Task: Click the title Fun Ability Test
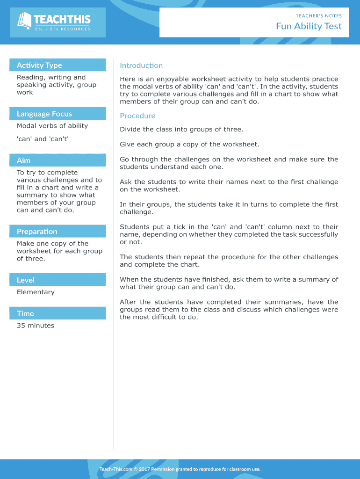click(309, 26)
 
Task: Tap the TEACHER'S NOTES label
click(318, 16)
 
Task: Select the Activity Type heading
click(39, 65)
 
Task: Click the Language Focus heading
click(44, 114)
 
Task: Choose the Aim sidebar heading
click(24, 160)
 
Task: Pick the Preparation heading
click(37, 232)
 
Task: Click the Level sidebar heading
click(26, 280)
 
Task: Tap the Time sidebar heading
click(25, 313)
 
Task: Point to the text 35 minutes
click(36, 326)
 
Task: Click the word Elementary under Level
click(36, 292)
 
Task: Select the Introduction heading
click(141, 65)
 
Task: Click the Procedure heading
click(137, 116)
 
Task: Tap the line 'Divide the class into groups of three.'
click(181, 130)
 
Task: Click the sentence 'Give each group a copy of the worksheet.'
click(189, 145)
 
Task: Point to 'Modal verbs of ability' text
click(52, 126)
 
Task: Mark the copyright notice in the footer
click(180, 469)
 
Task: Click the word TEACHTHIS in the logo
click(62, 20)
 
